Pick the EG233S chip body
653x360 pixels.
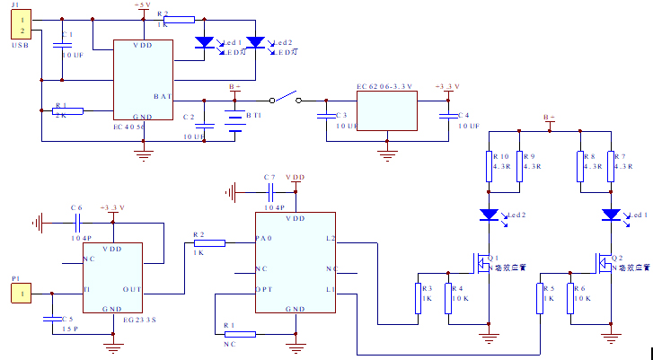pos(113,277)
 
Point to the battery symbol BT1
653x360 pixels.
pos(235,122)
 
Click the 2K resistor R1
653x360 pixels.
pos(68,111)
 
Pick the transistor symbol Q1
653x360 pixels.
pos(482,262)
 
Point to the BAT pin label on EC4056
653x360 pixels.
pos(163,96)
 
